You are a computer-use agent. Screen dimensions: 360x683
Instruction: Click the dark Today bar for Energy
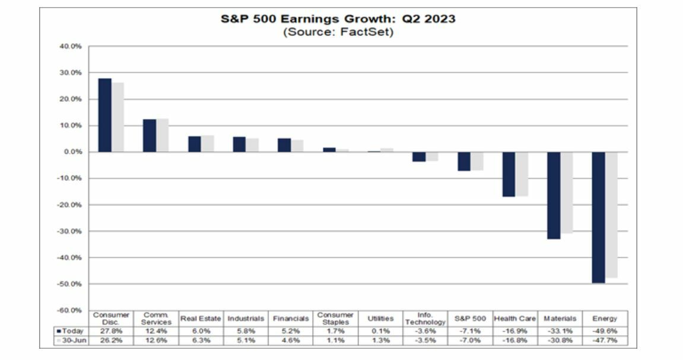pos(598,217)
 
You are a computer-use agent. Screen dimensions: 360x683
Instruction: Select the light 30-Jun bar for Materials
pos(567,192)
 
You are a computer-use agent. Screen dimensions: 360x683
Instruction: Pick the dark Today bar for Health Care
pos(509,174)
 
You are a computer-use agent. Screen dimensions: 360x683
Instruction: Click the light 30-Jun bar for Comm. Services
pos(163,135)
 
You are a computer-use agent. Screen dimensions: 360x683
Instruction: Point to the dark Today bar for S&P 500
pos(463,161)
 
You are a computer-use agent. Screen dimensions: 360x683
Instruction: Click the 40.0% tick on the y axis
pos(71,46)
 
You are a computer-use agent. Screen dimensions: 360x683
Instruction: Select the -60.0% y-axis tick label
pos(70,310)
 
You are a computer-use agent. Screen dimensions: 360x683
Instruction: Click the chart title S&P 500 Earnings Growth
pos(338,19)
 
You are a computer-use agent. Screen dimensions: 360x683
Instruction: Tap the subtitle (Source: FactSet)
pos(338,32)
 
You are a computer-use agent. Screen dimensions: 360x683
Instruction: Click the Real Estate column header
pos(201,318)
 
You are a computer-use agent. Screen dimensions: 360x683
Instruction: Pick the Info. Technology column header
pos(425,318)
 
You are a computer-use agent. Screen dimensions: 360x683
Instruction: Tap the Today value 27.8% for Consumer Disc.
pos(111,330)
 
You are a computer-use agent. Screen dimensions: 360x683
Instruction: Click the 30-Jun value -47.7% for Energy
pos(605,340)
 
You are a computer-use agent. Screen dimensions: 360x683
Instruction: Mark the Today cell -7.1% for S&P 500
pos(470,330)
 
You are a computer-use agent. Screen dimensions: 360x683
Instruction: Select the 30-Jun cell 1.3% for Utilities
pos(380,340)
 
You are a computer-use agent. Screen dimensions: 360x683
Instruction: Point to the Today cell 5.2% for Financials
pos(291,330)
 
